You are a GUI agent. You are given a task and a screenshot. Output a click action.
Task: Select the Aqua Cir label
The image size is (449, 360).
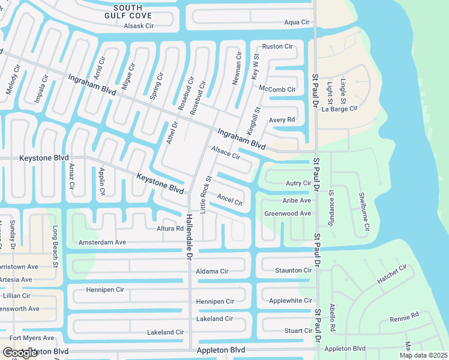[x=297, y=22]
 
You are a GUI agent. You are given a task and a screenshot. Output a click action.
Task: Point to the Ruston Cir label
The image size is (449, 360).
[x=277, y=46]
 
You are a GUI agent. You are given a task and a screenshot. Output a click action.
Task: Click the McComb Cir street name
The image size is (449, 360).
[x=277, y=89]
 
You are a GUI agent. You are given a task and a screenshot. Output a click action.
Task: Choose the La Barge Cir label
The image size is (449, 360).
[x=340, y=109]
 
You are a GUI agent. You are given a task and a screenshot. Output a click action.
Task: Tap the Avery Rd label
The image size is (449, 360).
[x=282, y=119]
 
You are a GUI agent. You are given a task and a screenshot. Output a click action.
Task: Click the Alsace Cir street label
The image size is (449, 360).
[x=225, y=152]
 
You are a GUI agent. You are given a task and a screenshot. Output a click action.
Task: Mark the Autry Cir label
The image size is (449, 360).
[x=298, y=183]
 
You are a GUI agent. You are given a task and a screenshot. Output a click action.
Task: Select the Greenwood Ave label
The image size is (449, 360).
[x=288, y=213]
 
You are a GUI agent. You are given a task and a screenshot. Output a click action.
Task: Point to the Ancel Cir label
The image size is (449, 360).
[x=230, y=199]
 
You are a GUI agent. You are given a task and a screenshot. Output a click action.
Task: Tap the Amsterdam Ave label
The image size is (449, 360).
[x=102, y=242]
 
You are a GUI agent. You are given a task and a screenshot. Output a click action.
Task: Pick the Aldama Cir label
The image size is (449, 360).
[x=212, y=271]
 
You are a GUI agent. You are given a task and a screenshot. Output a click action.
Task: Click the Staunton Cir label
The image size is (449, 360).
[x=294, y=271]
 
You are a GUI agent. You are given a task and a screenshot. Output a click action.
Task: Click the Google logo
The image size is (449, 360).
[x=20, y=353]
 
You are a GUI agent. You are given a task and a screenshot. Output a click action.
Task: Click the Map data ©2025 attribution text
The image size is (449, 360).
[x=423, y=355]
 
